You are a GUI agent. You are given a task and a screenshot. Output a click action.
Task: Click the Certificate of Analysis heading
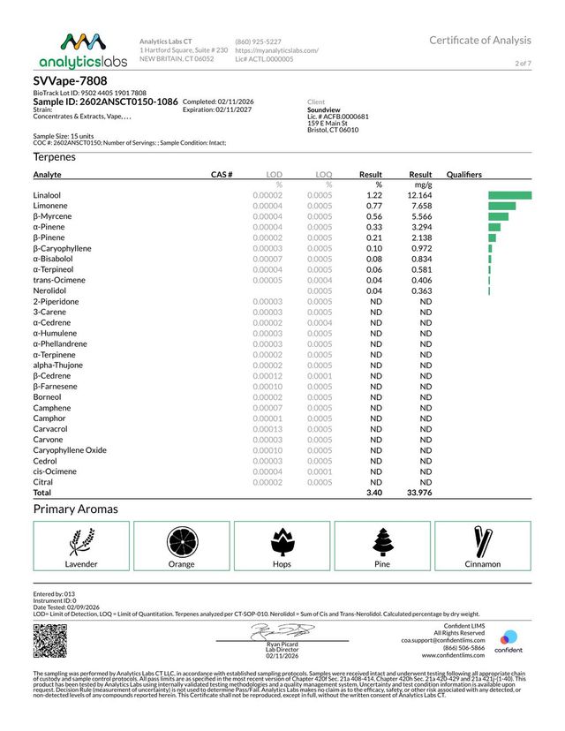[x=480, y=41]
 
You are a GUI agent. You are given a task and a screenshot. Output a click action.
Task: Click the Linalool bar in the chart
[x=509, y=195]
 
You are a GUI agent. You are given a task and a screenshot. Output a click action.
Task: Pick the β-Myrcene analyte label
[x=53, y=216]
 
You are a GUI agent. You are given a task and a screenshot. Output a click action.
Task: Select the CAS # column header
[x=222, y=175]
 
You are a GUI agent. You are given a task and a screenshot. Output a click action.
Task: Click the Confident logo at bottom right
[x=510, y=643]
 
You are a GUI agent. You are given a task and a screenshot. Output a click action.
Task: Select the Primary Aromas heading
[x=75, y=509]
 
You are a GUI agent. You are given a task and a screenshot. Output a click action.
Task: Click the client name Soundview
[x=327, y=109]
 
